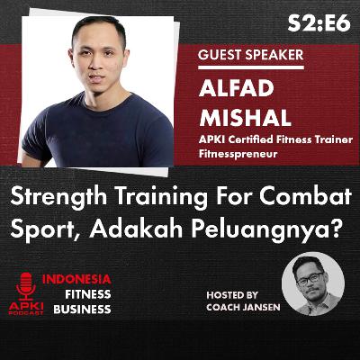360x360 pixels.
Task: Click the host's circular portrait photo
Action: coord(312,283)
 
